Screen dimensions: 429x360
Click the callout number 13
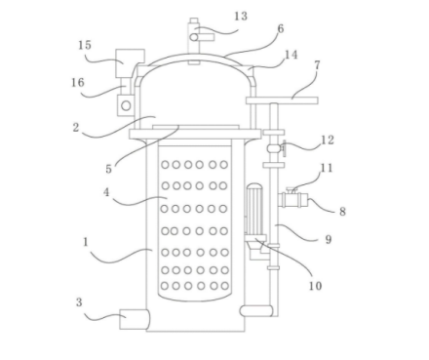coord(241,16)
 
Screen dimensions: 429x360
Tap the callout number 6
coord(280,29)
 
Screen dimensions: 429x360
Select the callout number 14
coord(291,55)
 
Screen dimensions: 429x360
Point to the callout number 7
coord(317,65)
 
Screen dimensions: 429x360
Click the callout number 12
coord(328,140)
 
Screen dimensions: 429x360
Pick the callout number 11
coord(327,168)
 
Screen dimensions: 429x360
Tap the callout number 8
coord(342,212)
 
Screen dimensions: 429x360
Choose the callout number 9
coord(329,240)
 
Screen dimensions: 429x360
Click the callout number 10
coord(315,286)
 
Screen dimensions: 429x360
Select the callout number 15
coord(85,45)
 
